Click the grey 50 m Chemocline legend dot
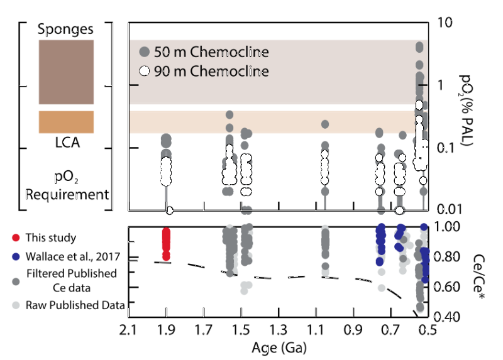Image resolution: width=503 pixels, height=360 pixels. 144,52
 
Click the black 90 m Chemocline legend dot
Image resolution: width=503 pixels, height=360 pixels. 144,71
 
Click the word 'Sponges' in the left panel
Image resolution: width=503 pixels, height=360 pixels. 66,29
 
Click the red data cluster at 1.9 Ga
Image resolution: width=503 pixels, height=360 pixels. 166,243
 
